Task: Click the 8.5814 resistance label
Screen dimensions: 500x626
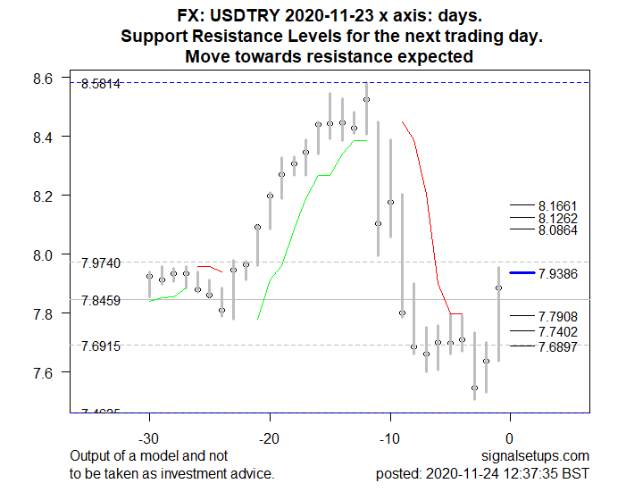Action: (x=100, y=84)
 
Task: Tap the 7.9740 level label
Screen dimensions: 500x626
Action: (x=100, y=263)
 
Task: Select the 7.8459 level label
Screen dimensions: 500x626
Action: (x=100, y=301)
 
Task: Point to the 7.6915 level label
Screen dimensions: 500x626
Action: (x=100, y=346)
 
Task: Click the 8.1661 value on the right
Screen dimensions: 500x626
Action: (x=558, y=205)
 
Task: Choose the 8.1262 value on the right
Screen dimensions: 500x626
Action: (x=558, y=218)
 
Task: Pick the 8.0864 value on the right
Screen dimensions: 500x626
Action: (x=558, y=230)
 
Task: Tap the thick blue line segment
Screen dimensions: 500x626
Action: (x=522, y=272)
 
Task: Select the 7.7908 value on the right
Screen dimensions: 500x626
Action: (x=558, y=316)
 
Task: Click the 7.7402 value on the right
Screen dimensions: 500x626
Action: (x=558, y=331)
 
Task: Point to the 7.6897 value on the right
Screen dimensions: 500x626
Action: (x=558, y=346)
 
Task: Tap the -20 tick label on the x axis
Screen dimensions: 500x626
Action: (x=270, y=437)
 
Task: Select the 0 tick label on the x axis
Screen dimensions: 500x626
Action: (x=509, y=437)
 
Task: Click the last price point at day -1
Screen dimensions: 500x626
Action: (x=498, y=287)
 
